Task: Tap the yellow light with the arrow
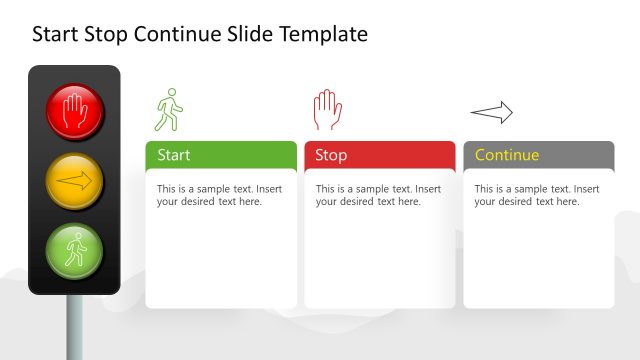(x=74, y=182)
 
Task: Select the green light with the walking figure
(x=74, y=251)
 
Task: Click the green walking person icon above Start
(x=169, y=109)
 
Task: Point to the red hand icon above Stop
(x=327, y=109)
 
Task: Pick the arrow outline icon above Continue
(x=491, y=113)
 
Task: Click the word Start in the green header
(x=174, y=155)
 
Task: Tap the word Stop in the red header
(x=331, y=155)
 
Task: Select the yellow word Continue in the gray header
(x=507, y=155)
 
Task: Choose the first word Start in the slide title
(x=55, y=35)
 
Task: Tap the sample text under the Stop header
(x=378, y=195)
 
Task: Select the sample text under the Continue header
(x=537, y=195)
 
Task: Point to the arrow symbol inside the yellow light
(x=74, y=182)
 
